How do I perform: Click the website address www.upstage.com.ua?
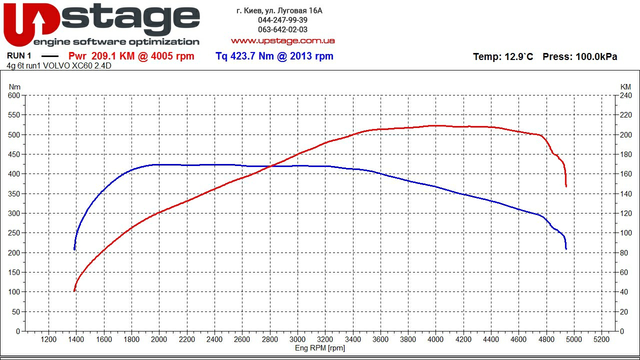pos(282,40)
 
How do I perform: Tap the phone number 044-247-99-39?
pos(282,20)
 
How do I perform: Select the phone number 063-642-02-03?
pos(282,29)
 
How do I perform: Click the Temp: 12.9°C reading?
pos(503,57)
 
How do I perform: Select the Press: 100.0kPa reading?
pos(579,57)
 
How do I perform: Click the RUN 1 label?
pos(19,56)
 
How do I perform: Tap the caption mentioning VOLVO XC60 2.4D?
pos(59,65)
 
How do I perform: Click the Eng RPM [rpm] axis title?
pos(320,348)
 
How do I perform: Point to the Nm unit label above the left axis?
pos(14,87)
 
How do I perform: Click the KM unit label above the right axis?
pos(625,87)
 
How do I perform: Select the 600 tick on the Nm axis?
pos(13,95)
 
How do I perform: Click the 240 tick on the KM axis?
pos(626,95)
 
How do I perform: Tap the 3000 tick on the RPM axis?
pos(297,339)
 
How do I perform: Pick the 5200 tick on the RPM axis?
pos(601,339)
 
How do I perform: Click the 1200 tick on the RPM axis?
pos(48,339)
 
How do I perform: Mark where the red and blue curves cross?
pos(270,166)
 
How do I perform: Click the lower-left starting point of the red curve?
pos(74,290)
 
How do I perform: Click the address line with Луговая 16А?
pos(279,10)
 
